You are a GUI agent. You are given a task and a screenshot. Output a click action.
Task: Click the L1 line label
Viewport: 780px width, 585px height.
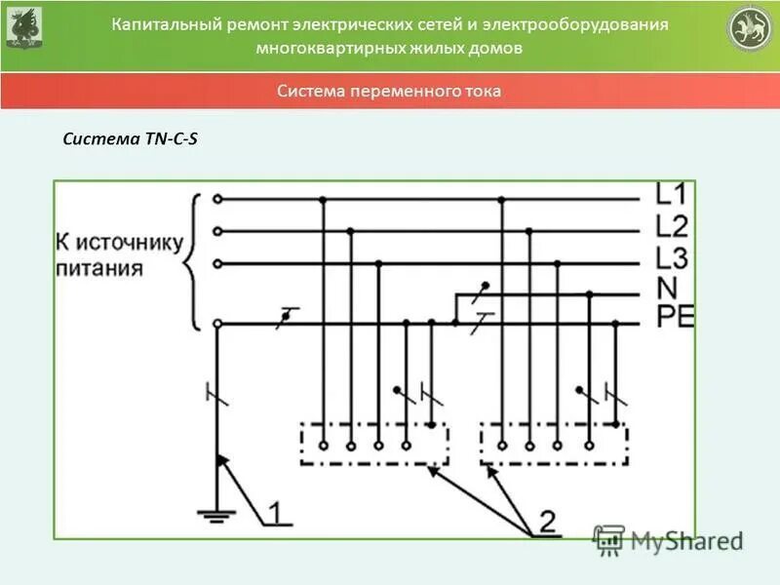pyautogui.click(x=672, y=193)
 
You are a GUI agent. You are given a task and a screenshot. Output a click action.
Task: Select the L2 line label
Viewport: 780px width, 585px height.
pyautogui.click(x=672, y=227)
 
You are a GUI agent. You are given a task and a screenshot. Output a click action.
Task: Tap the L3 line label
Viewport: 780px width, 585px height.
pyautogui.click(x=672, y=259)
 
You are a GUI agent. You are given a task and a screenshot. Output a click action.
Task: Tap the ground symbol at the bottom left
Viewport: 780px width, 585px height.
pyautogui.click(x=217, y=513)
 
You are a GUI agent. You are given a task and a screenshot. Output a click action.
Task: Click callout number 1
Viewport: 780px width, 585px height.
pyautogui.click(x=276, y=512)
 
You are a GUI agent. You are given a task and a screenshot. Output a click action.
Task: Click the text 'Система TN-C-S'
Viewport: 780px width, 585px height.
pyautogui.click(x=130, y=138)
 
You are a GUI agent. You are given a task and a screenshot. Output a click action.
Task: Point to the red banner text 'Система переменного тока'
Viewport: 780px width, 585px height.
pyautogui.click(x=389, y=92)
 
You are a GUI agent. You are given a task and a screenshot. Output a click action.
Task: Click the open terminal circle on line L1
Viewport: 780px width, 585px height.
pyautogui.click(x=217, y=199)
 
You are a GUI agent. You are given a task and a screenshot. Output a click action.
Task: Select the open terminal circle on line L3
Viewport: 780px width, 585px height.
pyautogui.click(x=217, y=263)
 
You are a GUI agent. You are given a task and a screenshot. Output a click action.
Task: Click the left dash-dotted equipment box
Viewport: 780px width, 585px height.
pyautogui.click(x=373, y=444)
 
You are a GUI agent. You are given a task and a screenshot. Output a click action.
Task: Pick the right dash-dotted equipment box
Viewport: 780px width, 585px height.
pyautogui.click(x=554, y=444)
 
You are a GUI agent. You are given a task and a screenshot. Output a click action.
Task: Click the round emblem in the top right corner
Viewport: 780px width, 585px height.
pyautogui.click(x=750, y=29)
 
